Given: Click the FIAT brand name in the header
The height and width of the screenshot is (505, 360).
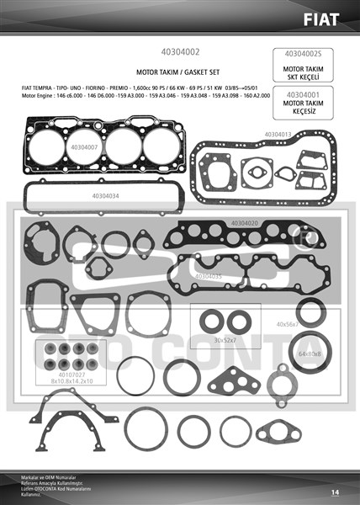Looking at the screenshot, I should point(330,18).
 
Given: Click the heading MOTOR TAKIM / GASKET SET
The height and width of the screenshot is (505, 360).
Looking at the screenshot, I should point(179,73).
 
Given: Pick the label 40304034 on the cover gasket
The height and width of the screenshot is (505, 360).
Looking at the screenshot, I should point(100,196).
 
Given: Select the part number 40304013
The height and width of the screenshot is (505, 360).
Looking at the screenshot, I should point(277,134).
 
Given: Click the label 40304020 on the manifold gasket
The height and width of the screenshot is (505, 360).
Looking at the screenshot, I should point(241,223).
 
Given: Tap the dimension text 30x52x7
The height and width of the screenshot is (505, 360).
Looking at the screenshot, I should point(226,340).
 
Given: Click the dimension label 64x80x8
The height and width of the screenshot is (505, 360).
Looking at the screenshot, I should point(309,354).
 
